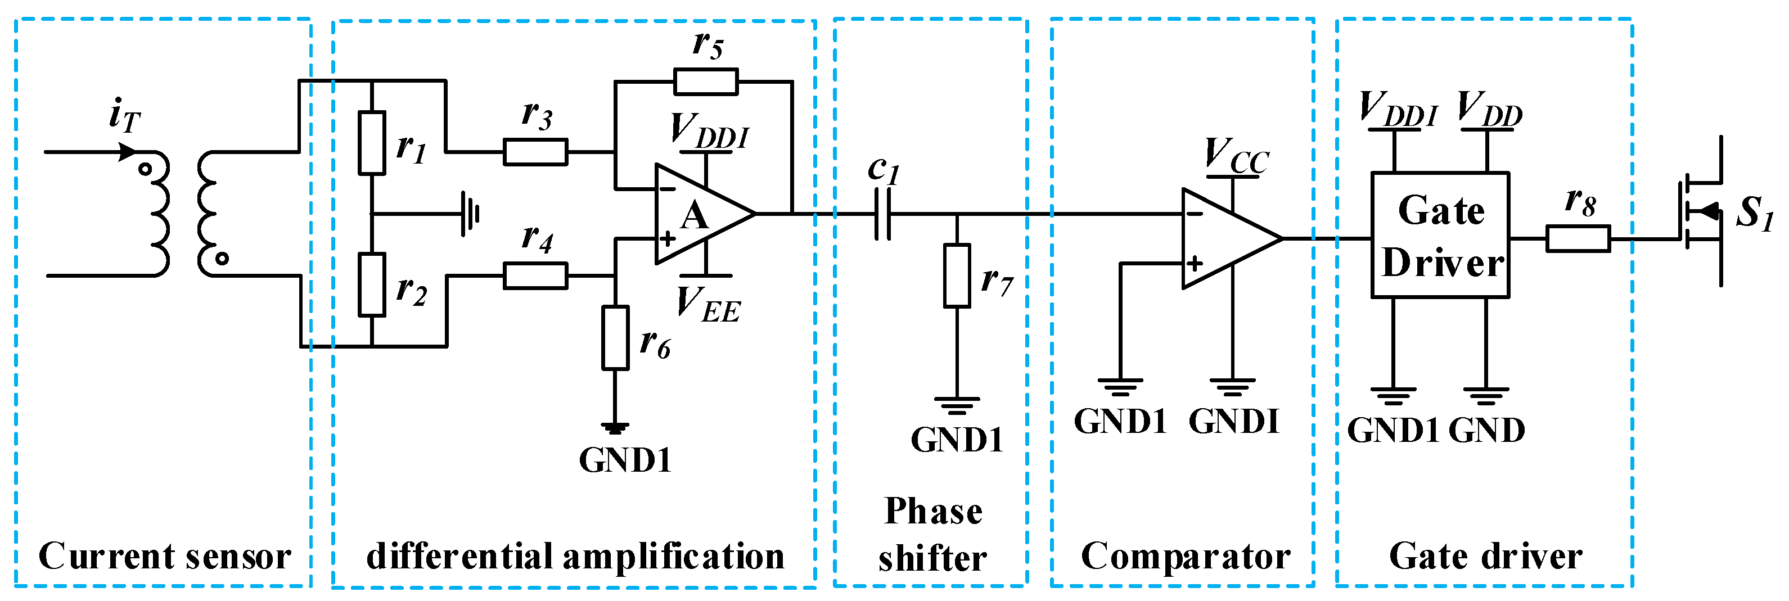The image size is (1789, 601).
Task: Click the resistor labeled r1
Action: (372, 142)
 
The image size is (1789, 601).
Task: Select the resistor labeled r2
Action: (372, 284)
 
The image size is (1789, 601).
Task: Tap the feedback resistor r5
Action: (706, 81)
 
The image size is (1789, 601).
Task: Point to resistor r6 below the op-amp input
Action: (615, 337)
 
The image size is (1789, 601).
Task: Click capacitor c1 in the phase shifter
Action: (882, 214)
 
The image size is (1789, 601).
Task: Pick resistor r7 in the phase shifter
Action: (957, 275)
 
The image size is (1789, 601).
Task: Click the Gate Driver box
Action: (1440, 235)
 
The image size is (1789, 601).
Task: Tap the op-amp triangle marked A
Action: (698, 214)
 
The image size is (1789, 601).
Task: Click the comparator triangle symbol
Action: (1226, 238)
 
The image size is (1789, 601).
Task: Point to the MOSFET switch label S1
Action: (1754, 213)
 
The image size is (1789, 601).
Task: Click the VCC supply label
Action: (1236, 156)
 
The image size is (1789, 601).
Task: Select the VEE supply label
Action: (709, 305)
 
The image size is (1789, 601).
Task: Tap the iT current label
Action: (125, 116)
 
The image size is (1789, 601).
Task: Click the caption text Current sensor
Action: (165, 556)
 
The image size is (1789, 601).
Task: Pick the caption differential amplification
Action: (575, 556)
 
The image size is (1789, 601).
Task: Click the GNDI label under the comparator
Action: (1233, 421)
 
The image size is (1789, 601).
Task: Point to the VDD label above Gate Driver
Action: (1489, 110)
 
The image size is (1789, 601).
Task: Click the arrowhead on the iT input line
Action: (127, 151)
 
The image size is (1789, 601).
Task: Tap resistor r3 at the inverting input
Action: (535, 151)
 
